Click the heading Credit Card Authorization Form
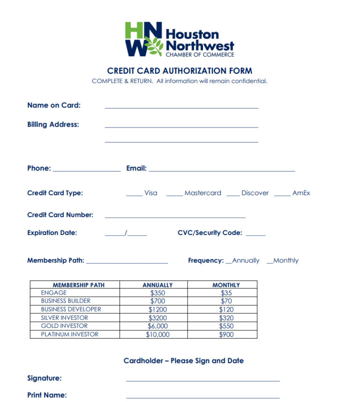point(180,71)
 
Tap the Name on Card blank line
point(181,106)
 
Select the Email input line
point(221,169)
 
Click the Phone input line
point(87,169)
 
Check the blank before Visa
point(134,194)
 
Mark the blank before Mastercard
point(174,194)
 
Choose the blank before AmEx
point(282,194)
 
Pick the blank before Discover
point(233,194)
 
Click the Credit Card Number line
point(175,216)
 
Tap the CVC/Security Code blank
point(255,234)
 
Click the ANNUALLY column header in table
point(157,285)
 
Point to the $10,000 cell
point(157,334)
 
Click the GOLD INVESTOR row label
point(64,326)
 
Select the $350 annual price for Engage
point(157,293)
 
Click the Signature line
point(202,379)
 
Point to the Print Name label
point(47,395)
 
